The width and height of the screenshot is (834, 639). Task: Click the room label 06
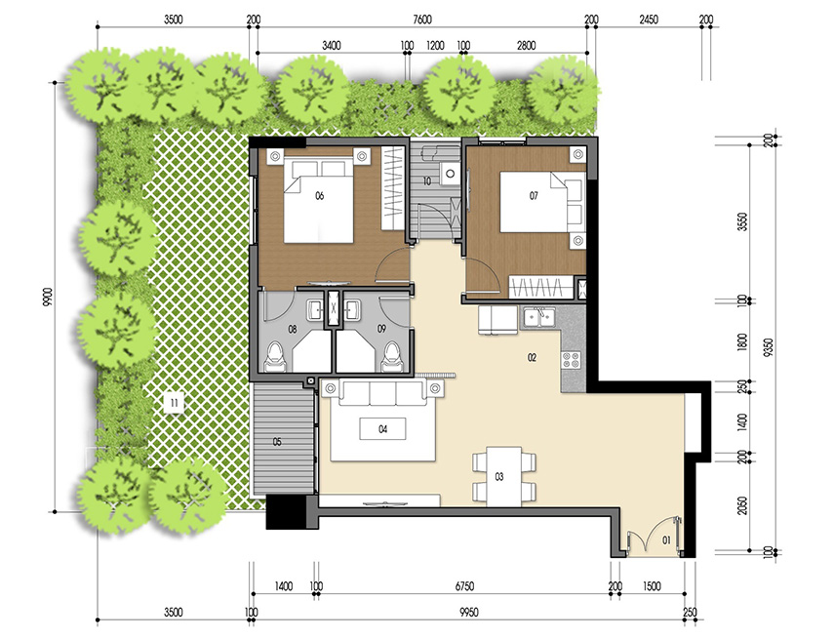pyautogui.click(x=319, y=196)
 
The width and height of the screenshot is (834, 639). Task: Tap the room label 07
pyautogui.click(x=534, y=196)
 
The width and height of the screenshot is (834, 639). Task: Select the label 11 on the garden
pyautogui.click(x=173, y=401)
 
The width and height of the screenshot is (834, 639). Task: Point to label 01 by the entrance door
pyautogui.click(x=667, y=539)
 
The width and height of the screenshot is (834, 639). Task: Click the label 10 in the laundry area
pyautogui.click(x=427, y=181)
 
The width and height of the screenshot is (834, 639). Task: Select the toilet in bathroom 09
pyautogui.click(x=392, y=356)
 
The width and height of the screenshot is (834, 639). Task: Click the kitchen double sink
pyautogui.click(x=537, y=315)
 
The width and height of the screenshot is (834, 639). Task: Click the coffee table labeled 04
pyautogui.click(x=383, y=429)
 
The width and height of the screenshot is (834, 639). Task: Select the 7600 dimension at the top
pyautogui.click(x=421, y=20)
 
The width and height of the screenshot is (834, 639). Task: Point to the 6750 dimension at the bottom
pyautogui.click(x=464, y=586)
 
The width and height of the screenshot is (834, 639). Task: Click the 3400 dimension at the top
pyautogui.click(x=331, y=45)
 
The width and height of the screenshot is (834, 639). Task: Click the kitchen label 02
pyautogui.click(x=533, y=358)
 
